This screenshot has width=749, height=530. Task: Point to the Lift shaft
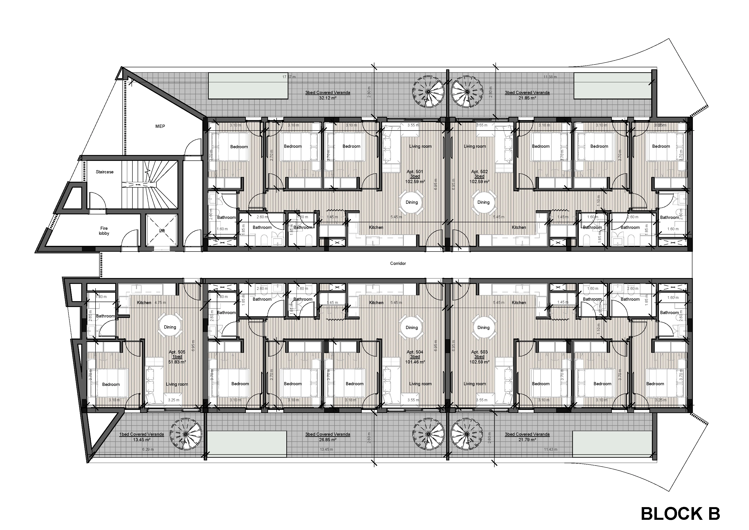(162, 230)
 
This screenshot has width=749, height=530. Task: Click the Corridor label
(398, 264)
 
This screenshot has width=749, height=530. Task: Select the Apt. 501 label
(415, 172)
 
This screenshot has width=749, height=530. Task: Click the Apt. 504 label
(415, 352)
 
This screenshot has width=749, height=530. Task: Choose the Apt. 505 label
(177, 352)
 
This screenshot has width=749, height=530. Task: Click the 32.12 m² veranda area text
(328, 98)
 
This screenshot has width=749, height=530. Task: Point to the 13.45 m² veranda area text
(141, 440)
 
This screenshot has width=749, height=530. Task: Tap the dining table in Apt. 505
(170, 327)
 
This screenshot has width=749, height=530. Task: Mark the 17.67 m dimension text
(289, 77)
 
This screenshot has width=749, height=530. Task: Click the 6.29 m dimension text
(148, 449)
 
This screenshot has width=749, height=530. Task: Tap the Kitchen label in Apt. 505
(144, 303)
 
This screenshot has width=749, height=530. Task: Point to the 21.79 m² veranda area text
(527, 440)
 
